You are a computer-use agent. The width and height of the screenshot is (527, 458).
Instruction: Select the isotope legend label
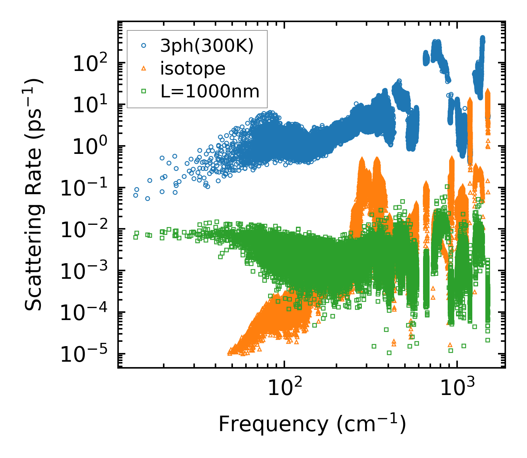193,68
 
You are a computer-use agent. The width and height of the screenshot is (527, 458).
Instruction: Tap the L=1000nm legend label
210,92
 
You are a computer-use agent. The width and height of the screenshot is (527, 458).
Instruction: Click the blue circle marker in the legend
144,46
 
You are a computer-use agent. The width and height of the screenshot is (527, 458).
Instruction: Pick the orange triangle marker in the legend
144,68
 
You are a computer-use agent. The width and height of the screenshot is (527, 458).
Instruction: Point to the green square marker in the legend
144,91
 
